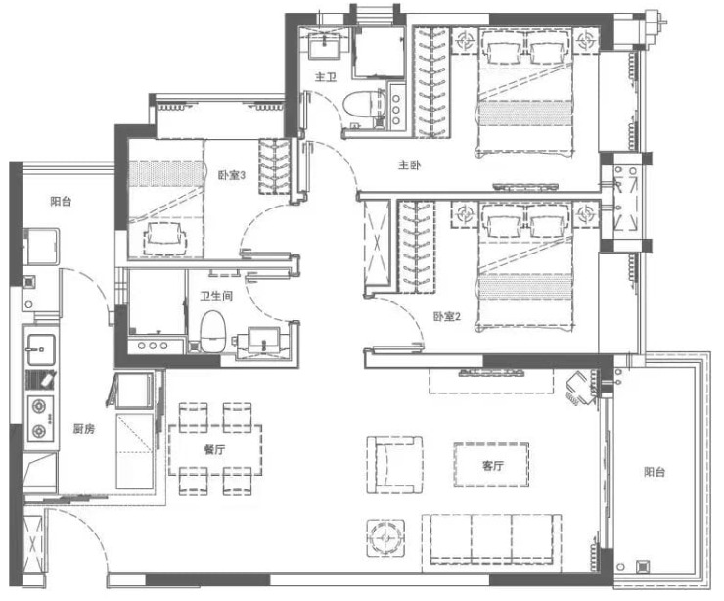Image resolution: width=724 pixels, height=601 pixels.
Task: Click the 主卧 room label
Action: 409,164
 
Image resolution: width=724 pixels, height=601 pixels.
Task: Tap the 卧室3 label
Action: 231,175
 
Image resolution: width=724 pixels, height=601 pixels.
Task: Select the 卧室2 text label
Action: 446,316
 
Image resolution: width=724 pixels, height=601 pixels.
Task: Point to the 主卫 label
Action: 326,76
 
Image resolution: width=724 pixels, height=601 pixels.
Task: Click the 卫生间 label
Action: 216,296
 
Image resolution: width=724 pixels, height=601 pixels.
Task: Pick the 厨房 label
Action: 83,429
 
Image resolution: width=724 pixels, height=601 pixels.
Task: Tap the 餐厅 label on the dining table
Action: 214,449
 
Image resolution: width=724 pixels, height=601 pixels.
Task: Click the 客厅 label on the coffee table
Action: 493,465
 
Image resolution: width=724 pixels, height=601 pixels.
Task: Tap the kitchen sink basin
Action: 41,344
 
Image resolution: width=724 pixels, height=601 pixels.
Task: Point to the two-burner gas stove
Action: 41,419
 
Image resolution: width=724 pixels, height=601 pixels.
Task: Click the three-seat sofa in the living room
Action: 491,540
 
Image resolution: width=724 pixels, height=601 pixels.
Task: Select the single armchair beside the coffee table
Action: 395,464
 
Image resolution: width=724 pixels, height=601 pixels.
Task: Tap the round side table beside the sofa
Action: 386,538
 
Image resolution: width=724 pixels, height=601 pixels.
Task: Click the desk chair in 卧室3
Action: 165,239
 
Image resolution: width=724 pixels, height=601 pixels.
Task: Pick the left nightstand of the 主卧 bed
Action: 465,41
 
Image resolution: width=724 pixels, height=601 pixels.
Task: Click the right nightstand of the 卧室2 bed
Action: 586,214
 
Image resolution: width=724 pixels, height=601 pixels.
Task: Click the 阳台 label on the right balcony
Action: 655,472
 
